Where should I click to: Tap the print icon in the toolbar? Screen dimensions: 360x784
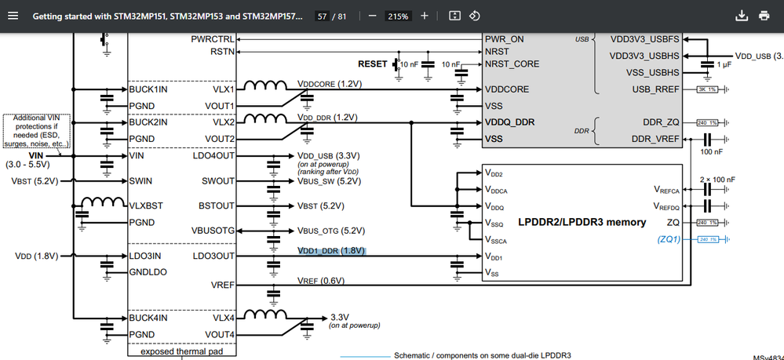(x=764, y=16)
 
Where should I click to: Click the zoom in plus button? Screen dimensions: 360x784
(x=425, y=16)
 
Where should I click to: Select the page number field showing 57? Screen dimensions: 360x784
(x=323, y=16)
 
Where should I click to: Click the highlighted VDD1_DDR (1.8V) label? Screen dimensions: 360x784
(x=331, y=251)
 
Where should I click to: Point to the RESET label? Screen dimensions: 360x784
(x=373, y=64)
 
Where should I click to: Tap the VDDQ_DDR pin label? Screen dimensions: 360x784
(x=511, y=122)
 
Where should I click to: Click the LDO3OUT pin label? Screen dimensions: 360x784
(x=213, y=256)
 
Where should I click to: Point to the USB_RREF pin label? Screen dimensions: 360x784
(x=655, y=89)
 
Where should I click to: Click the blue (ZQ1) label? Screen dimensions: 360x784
(x=669, y=239)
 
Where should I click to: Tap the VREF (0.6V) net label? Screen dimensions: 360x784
(x=319, y=281)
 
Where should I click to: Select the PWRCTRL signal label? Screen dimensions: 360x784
(x=213, y=38)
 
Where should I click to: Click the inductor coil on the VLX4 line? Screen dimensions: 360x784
(x=264, y=315)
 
